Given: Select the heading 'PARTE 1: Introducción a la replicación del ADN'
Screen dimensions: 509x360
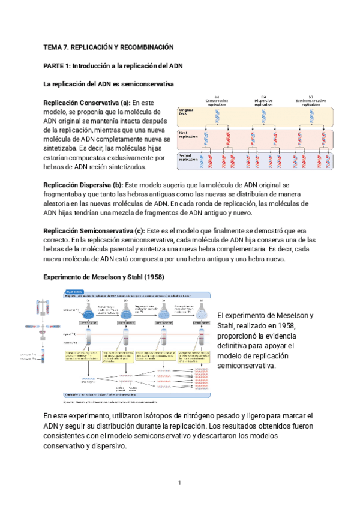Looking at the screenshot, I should (x=117, y=65).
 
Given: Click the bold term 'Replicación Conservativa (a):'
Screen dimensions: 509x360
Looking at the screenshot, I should (x=86, y=102).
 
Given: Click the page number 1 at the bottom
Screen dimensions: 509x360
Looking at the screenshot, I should (x=179, y=483).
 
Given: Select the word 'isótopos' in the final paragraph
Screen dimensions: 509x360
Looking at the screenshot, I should (x=154, y=416).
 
